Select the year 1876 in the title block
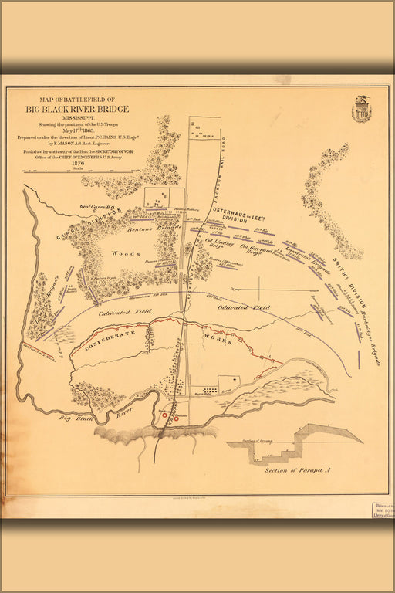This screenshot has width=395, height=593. point(77,162)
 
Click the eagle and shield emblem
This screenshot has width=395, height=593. point(361,110)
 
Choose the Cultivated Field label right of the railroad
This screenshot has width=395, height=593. point(244,308)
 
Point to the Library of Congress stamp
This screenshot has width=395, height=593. point(377,513)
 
